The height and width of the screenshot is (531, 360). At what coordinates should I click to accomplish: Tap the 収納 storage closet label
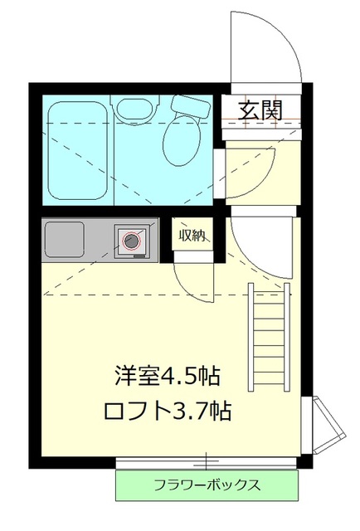[x=192, y=235]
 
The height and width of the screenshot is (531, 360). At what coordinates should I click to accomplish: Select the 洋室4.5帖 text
[x=166, y=375]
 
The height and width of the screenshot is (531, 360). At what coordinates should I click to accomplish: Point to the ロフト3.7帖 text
[x=166, y=410]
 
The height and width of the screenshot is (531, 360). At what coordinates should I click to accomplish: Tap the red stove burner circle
[x=131, y=241]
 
